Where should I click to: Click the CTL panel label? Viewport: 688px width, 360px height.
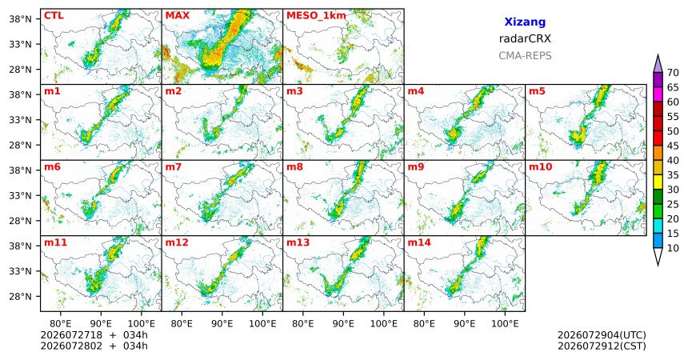(54, 16)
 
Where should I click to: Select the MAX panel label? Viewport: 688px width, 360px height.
(178, 16)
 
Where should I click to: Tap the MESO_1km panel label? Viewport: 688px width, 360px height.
(316, 16)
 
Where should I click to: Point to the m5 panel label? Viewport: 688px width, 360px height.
(538, 91)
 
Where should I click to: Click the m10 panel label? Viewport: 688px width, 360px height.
(540, 167)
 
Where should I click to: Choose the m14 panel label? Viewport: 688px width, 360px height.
(419, 242)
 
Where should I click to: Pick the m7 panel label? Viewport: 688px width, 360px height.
(174, 167)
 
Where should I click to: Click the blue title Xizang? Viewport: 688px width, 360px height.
(525, 22)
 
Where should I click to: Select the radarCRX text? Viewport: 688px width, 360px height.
(525, 38)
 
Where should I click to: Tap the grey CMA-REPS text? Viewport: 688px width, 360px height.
(525, 56)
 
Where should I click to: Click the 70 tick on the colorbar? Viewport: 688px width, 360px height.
(673, 73)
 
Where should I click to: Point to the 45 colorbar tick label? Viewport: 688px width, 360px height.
(673, 146)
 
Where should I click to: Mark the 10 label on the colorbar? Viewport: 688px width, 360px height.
(673, 248)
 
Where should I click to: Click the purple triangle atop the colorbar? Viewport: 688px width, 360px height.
(658, 64)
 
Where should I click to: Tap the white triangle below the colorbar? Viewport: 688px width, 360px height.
(658, 256)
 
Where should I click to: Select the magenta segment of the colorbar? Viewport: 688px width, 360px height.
(658, 94)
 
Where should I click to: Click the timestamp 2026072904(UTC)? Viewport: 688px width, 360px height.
(602, 335)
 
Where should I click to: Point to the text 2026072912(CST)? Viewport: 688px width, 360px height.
(602, 346)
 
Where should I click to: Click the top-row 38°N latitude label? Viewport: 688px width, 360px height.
(20, 19)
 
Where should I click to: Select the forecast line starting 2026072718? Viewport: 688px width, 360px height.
(94, 335)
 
